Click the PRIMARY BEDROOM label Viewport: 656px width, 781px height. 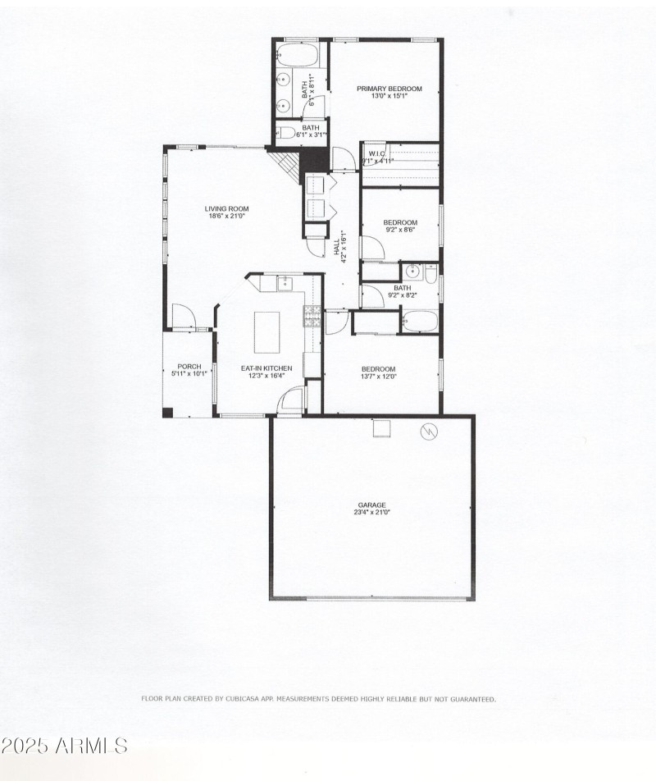[389, 89]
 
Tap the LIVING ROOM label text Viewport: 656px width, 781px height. [226, 209]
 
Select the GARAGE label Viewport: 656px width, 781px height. [371, 505]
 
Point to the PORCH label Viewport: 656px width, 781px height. [189, 367]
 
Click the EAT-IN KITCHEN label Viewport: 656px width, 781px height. [266, 368]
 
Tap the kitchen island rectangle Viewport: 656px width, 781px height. [267, 331]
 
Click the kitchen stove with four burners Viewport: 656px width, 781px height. [312, 316]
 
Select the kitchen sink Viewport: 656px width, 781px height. [285, 284]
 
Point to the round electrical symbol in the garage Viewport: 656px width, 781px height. [429, 431]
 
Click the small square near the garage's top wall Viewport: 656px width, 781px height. [381, 428]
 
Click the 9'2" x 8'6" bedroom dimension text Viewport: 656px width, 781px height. [401, 231]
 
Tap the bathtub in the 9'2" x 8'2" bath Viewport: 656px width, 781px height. [420, 320]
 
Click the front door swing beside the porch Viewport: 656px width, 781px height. [184, 316]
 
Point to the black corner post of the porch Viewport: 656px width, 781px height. [167, 413]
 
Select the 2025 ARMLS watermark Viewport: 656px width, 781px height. [64, 746]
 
